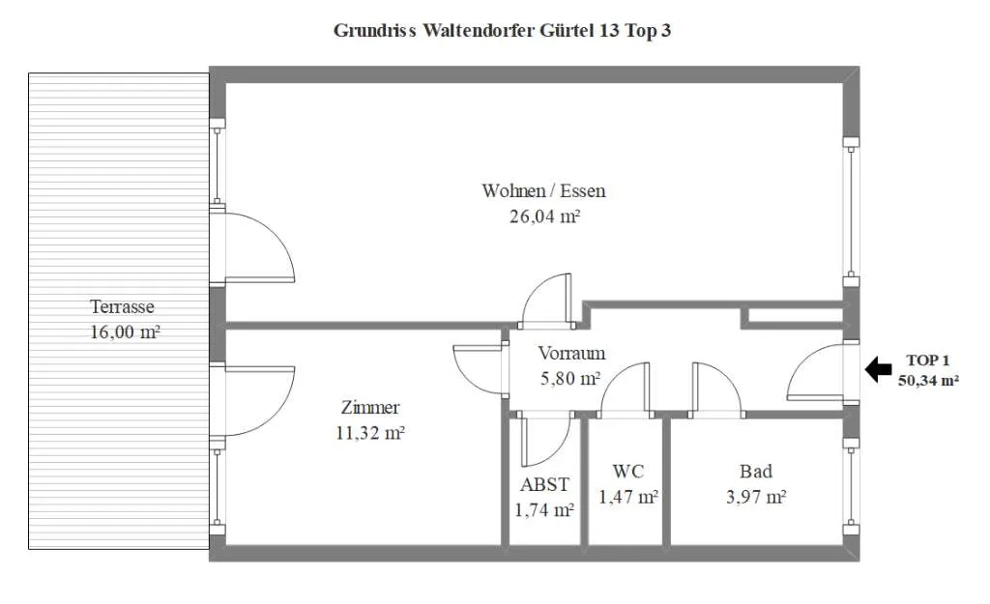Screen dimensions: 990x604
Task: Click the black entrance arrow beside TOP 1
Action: coord(878,369)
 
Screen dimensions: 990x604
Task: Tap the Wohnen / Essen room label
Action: coord(543,190)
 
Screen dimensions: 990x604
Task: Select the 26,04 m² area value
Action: coord(545,216)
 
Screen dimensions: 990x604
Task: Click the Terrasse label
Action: coord(122,306)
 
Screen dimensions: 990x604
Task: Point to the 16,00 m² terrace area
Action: coord(125,332)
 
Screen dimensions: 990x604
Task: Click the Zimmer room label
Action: coord(370,408)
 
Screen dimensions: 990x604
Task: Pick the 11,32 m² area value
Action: coord(370,433)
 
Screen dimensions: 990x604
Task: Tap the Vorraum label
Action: coord(571,353)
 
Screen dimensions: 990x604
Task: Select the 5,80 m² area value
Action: coord(570,378)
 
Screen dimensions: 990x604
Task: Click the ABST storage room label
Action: coord(544,485)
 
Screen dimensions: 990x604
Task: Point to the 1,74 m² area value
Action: coord(544,510)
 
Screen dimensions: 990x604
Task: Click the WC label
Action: coord(628,472)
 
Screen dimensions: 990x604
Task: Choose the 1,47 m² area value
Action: coord(628,498)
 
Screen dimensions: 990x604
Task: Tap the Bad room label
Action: coord(756,472)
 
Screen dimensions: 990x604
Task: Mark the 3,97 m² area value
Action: coord(756,498)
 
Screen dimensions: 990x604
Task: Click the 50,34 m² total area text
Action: coord(929,381)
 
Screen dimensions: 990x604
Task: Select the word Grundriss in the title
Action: coord(374,30)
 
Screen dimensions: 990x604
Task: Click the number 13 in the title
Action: coord(609,30)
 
